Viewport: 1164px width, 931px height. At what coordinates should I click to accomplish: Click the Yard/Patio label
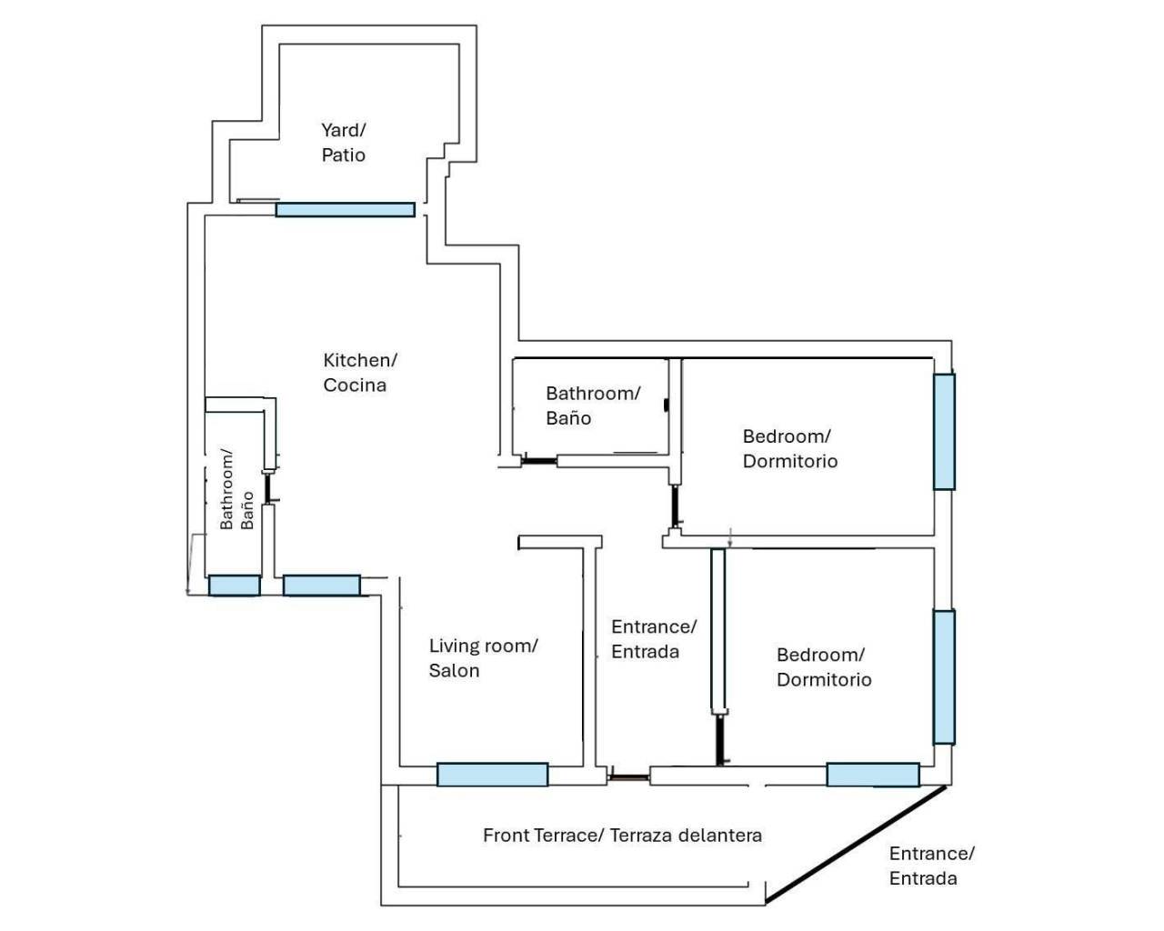[x=344, y=143]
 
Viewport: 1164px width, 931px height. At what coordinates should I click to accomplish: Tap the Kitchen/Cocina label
[x=359, y=373]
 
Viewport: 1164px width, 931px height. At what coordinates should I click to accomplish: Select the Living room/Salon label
[x=483, y=658]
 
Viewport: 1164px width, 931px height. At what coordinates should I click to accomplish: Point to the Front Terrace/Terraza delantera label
[x=622, y=836]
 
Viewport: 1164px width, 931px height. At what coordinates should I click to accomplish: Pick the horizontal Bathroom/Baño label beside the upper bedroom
[x=592, y=405]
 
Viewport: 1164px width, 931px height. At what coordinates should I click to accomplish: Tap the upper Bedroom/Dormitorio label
[x=789, y=448]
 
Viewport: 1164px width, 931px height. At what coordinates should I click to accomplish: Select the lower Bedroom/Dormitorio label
[x=823, y=667]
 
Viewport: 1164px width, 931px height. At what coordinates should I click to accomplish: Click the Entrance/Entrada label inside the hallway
[x=653, y=639]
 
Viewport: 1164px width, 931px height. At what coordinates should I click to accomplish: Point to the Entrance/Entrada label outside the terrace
[x=931, y=866]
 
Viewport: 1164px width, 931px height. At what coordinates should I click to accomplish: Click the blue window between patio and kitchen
[x=345, y=210]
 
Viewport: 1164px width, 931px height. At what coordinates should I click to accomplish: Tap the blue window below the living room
[x=492, y=775]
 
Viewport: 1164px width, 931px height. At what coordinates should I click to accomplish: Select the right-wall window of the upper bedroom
[x=944, y=431]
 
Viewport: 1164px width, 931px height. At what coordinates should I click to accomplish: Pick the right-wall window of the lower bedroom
[x=944, y=676]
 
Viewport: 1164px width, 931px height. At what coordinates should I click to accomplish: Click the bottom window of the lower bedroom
[x=872, y=775]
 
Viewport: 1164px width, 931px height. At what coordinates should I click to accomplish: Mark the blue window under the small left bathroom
[x=234, y=586]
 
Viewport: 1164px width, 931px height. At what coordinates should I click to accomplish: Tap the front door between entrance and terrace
[x=628, y=776]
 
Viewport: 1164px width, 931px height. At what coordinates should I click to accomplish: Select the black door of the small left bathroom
[x=268, y=487]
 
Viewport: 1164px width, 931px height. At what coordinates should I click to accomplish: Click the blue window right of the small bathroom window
[x=321, y=586]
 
